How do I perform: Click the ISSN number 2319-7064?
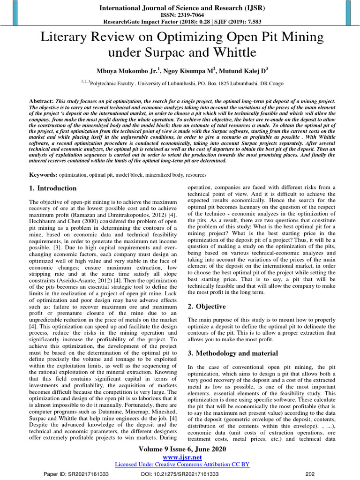[180, 15]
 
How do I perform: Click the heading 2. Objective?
[207, 306]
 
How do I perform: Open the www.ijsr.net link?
[182, 457]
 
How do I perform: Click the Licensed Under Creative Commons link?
[182, 464]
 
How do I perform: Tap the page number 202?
[309, 474]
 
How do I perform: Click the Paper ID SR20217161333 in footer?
[76, 474]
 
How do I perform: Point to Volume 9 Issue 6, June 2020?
[182, 449]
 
